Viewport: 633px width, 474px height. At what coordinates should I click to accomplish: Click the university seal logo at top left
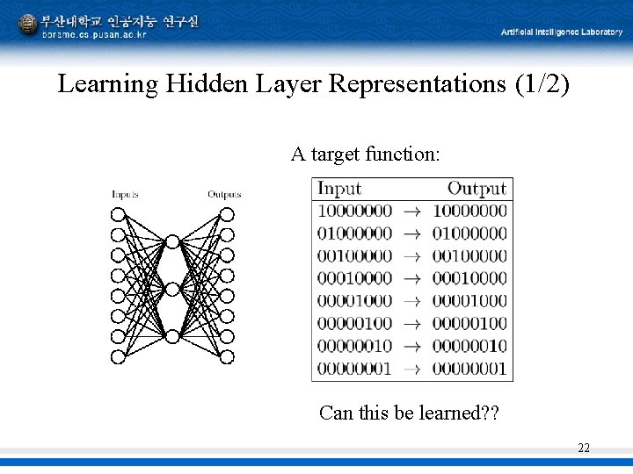28,24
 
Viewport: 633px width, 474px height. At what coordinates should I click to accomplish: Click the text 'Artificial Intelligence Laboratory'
561,32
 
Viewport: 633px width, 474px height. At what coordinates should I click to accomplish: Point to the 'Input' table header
339,188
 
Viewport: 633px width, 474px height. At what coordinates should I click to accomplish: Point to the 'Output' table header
477,188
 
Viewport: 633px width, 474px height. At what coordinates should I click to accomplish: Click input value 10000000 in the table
354,211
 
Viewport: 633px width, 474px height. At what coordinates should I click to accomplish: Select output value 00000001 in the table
469,369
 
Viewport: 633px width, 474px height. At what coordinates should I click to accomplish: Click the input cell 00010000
354,278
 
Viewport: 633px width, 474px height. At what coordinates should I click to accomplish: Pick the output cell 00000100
469,324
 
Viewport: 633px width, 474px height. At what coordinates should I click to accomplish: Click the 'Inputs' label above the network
124,194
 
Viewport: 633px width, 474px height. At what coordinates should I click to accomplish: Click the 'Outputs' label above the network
224,194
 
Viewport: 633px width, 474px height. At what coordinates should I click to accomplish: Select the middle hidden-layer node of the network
172,289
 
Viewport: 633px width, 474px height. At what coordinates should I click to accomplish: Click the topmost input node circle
117,214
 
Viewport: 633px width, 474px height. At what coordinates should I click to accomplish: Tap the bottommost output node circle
227,356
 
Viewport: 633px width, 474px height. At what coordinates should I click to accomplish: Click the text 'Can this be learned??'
409,413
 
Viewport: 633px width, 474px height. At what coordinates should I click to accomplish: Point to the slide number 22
584,448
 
